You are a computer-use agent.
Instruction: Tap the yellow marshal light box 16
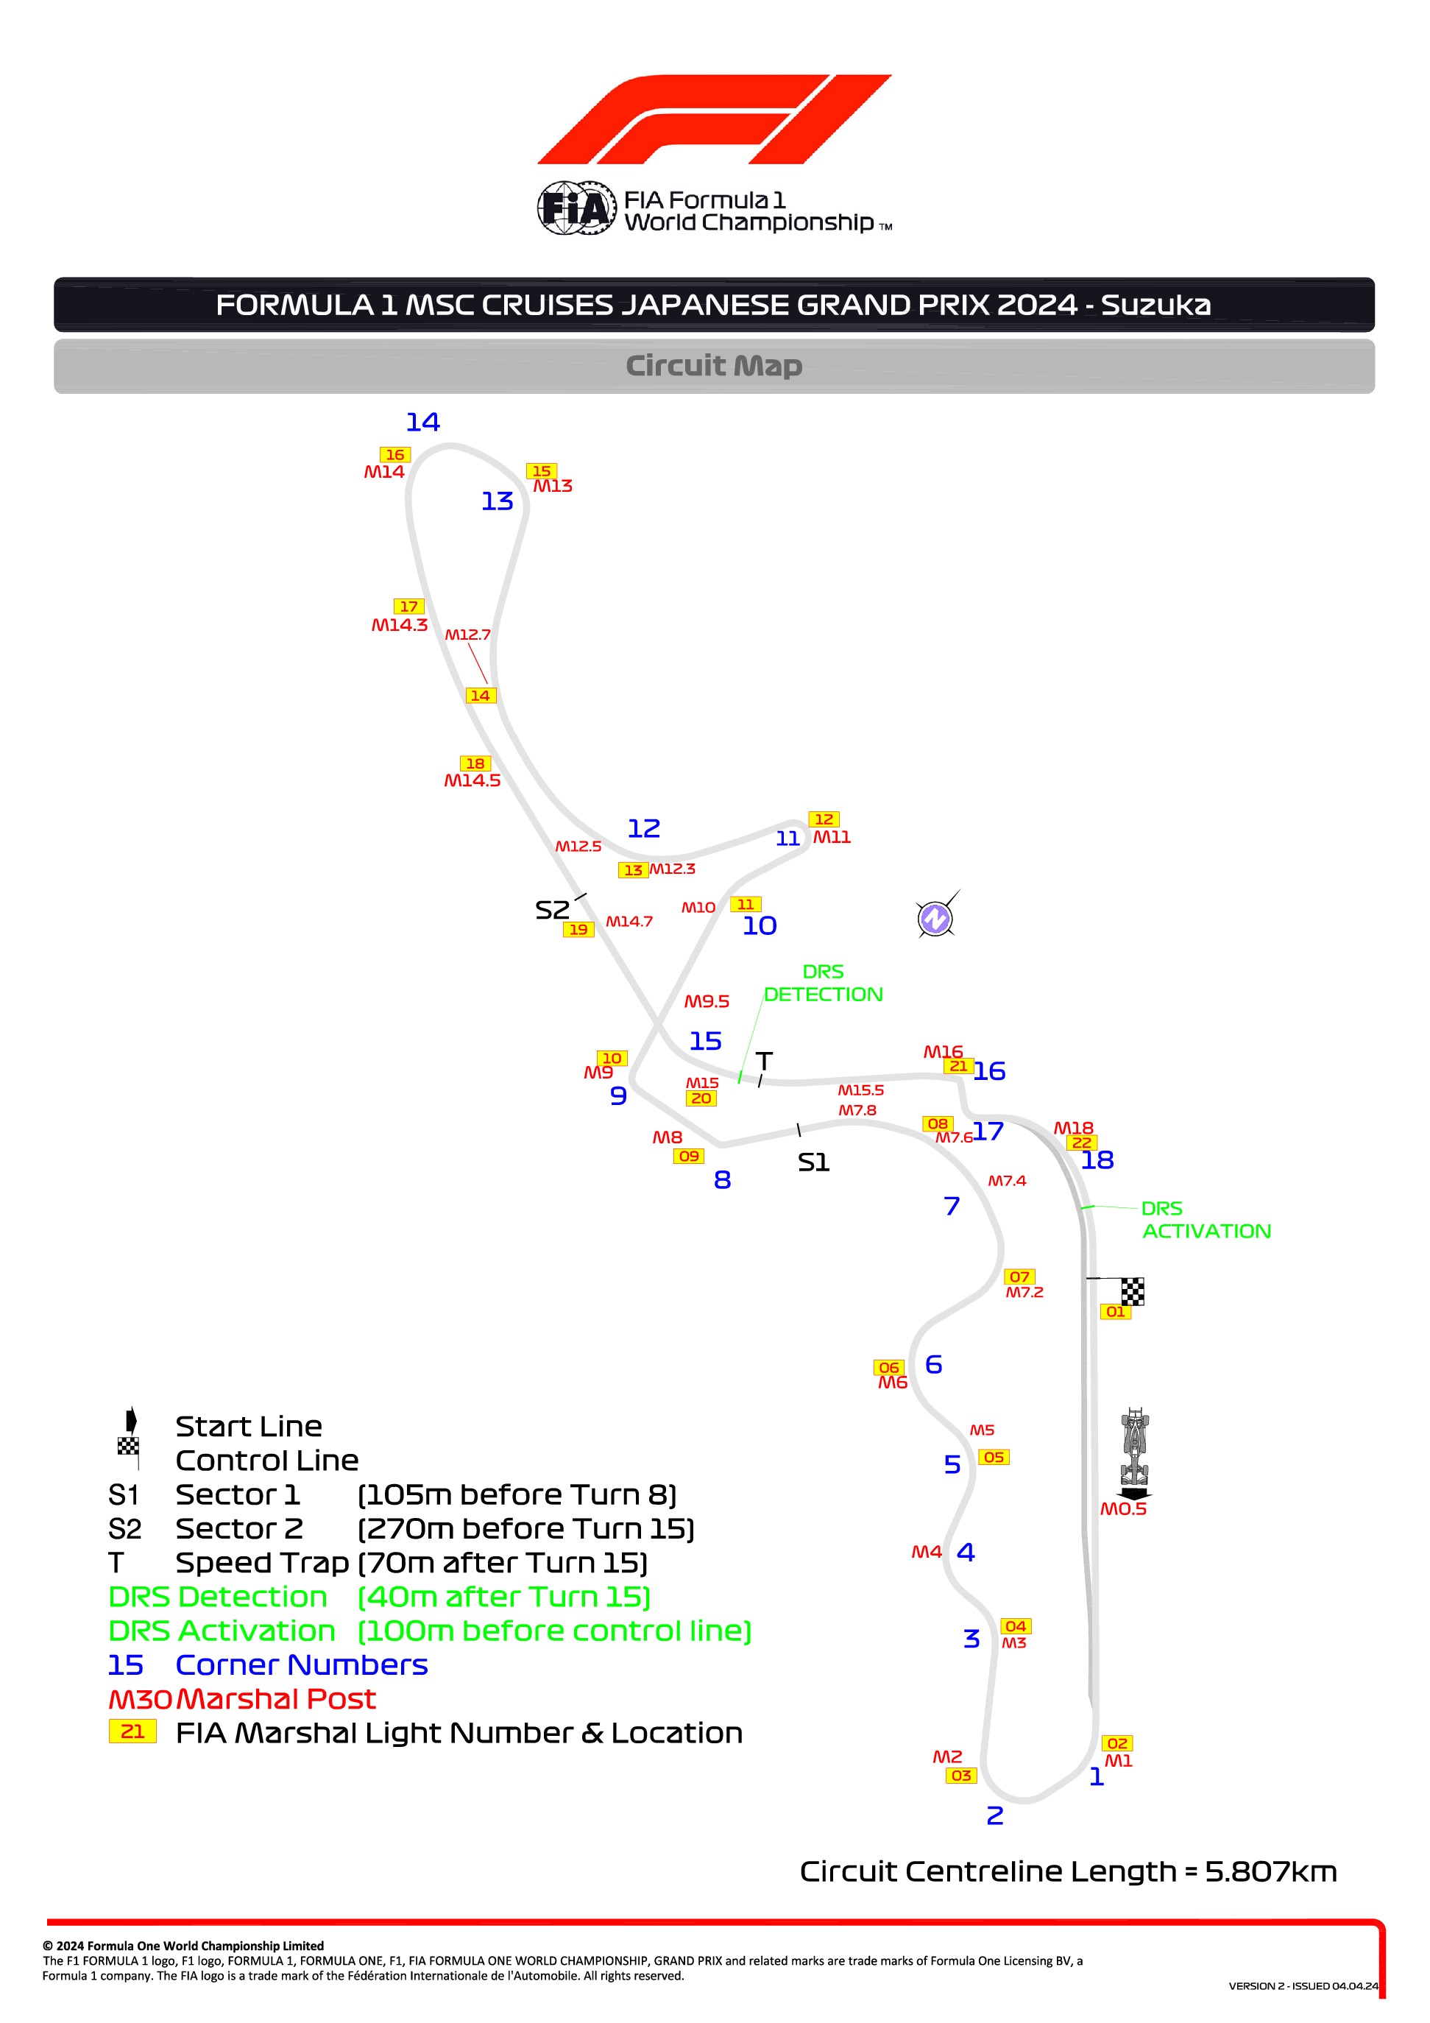(394, 455)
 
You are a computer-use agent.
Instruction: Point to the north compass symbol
(935, 918)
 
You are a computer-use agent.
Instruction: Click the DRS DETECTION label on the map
(823, 983)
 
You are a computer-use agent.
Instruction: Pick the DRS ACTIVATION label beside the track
(1206, 1219)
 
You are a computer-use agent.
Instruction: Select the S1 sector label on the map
(813, 1163)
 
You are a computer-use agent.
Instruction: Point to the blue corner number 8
(723, 1180)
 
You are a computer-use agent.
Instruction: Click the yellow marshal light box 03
(961, 1776)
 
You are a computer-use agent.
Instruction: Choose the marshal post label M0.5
(1122, 1509)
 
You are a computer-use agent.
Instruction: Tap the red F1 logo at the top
(715, 119)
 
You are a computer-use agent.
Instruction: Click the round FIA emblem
(576, 209)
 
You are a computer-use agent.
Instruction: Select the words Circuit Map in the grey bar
(714, 366)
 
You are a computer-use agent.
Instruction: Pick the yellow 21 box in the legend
(132, 1731)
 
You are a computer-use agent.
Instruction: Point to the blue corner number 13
(497, 501)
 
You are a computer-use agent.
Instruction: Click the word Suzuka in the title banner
(1155, 305)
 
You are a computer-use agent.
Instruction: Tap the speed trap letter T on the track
(764, 1061)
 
